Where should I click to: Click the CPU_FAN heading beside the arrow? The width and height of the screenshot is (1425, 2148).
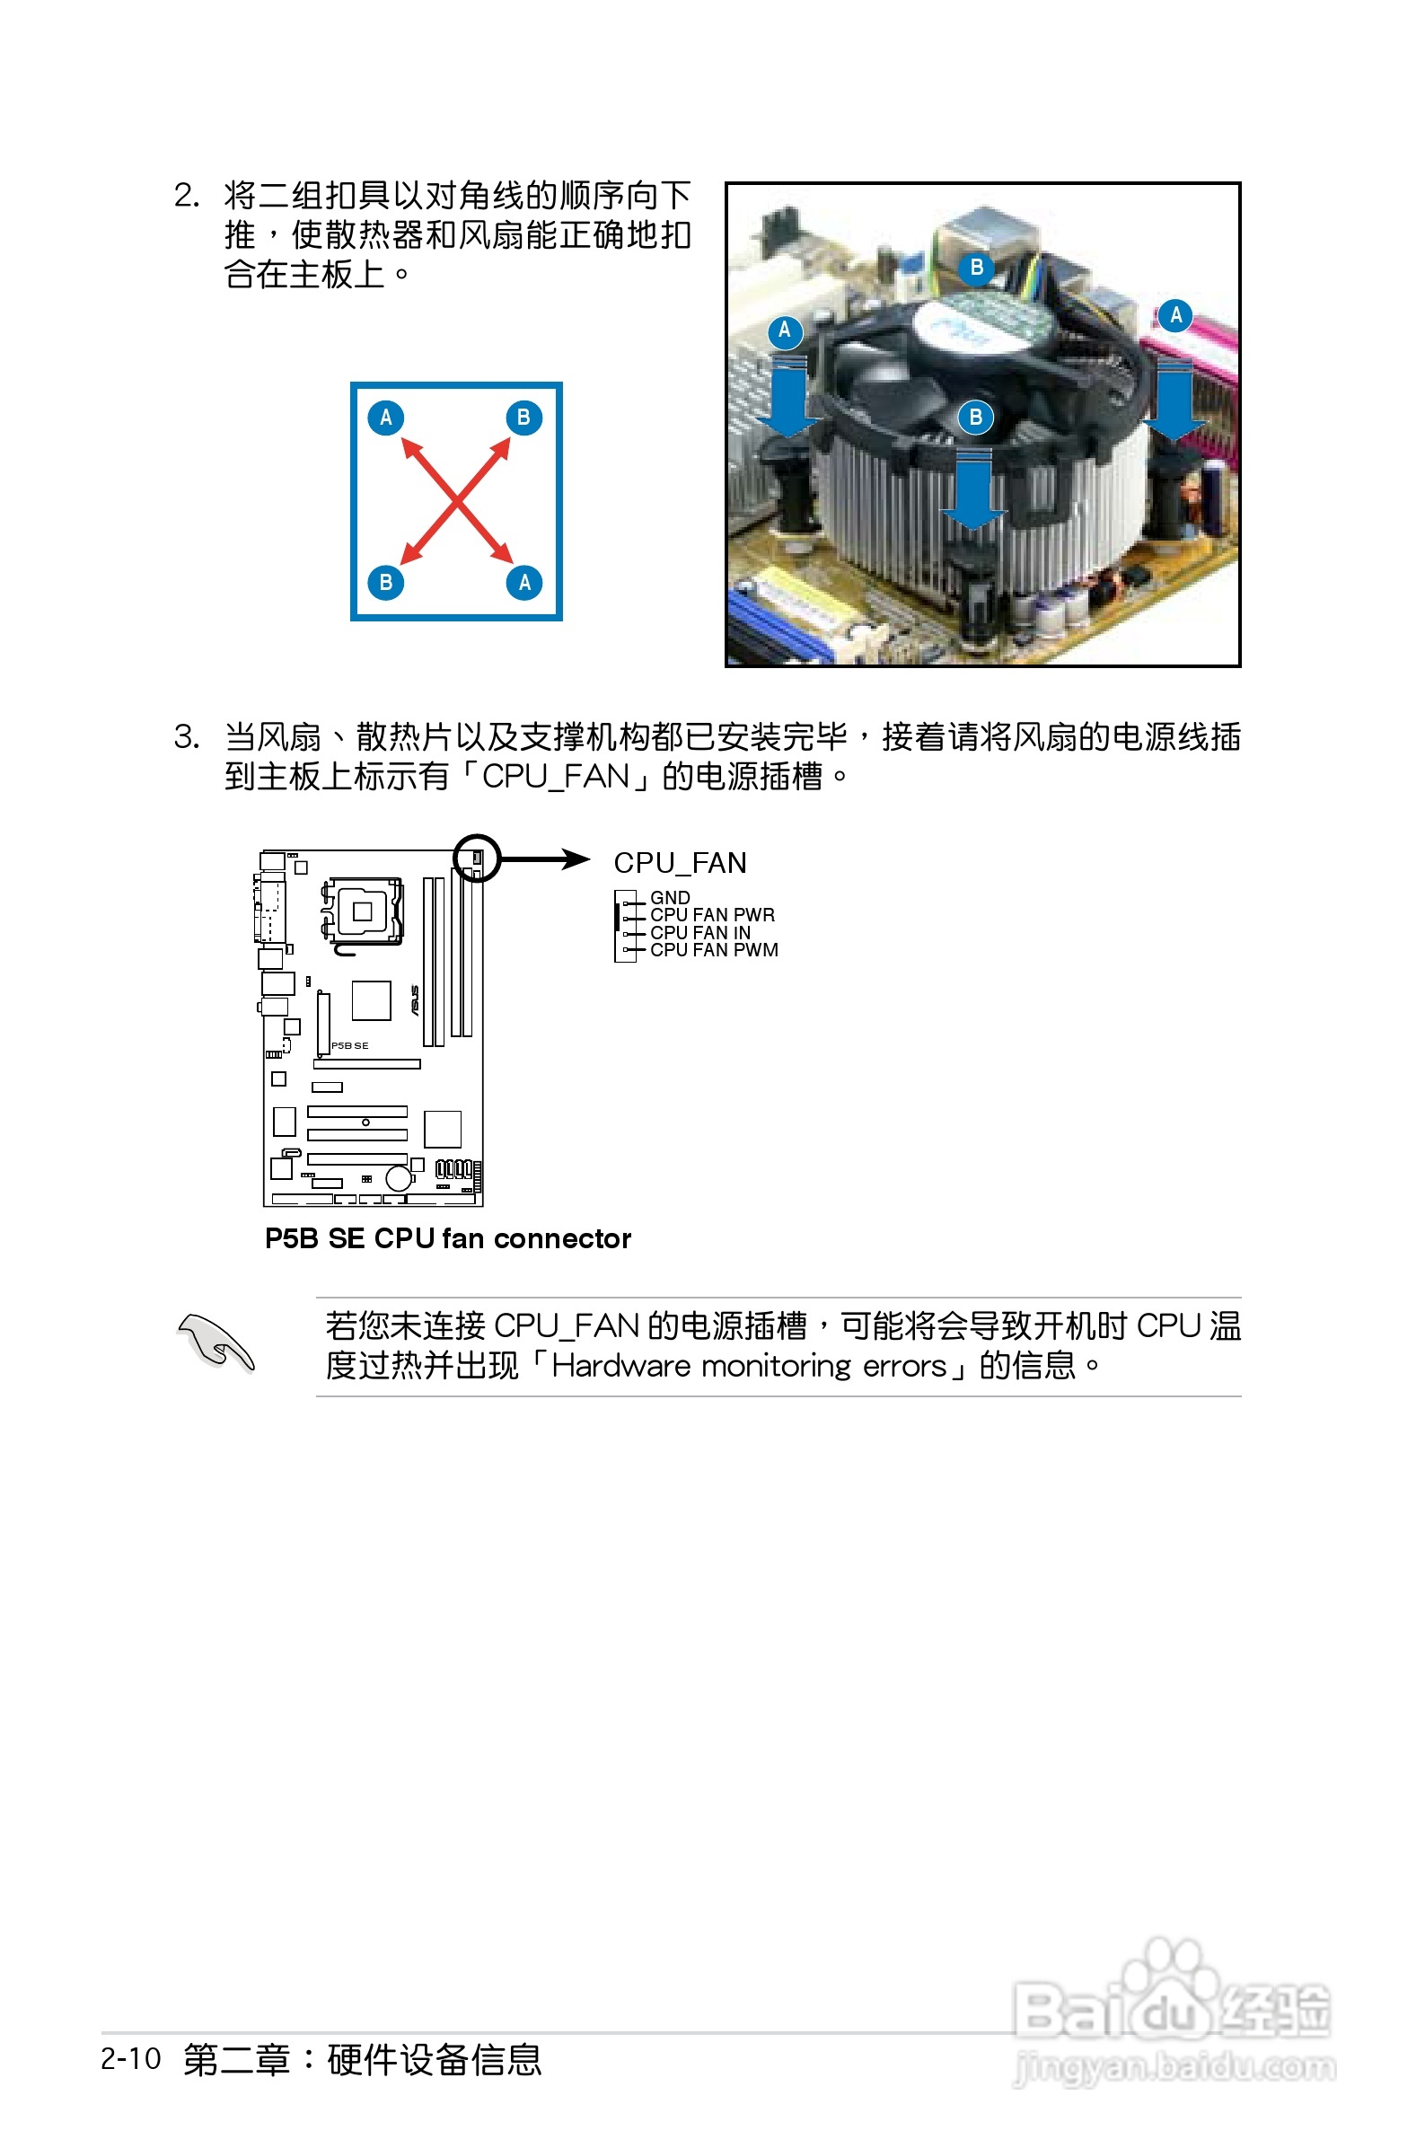(x=680, y=862)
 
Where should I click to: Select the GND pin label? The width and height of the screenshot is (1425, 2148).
(x=670, y=897)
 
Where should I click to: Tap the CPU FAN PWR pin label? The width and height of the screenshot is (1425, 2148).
(x=713, y=914)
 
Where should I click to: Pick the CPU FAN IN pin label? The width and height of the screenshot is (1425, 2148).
(x=699, y=932)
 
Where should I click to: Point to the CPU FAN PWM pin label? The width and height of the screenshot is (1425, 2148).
(x=714, y=949)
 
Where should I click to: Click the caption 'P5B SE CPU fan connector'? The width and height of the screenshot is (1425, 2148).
(x=447, y=1238)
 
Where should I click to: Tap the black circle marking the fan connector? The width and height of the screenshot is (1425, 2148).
(x=476, y=858)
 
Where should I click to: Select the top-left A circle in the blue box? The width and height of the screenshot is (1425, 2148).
(x=385, y=418)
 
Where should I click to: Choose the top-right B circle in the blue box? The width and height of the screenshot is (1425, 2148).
(x=523, y=418)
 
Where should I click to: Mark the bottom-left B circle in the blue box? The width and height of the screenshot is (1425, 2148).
(x=385, y=583)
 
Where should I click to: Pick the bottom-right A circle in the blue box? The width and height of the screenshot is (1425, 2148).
(x=524, y=583)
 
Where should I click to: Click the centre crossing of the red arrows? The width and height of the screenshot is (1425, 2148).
(x=455, y=501)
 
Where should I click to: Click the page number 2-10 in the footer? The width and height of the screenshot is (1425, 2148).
(x=131, y=2059)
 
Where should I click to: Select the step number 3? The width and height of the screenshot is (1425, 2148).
(x=185, y=737)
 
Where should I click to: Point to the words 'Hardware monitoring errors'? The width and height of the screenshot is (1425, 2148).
(x=749, y=1366)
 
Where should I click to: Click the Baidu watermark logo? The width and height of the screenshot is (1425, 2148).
(x=1173, y=2012)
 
